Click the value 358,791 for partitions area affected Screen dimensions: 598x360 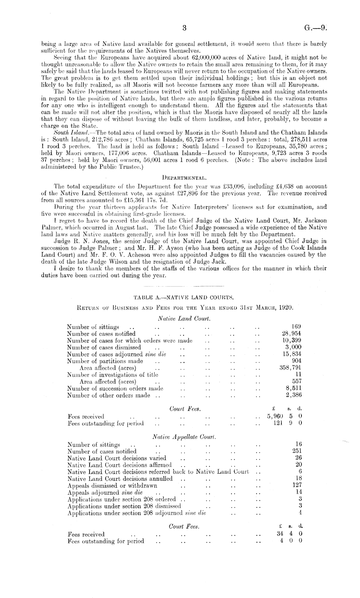point(290,368)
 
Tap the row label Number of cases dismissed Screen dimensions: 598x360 point(104,347)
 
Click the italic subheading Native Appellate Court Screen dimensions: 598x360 point(184,437)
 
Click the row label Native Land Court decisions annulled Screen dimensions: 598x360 point(120,478)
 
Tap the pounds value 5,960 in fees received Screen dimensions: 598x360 point(276,416)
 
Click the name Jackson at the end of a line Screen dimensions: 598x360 point(315,221)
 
